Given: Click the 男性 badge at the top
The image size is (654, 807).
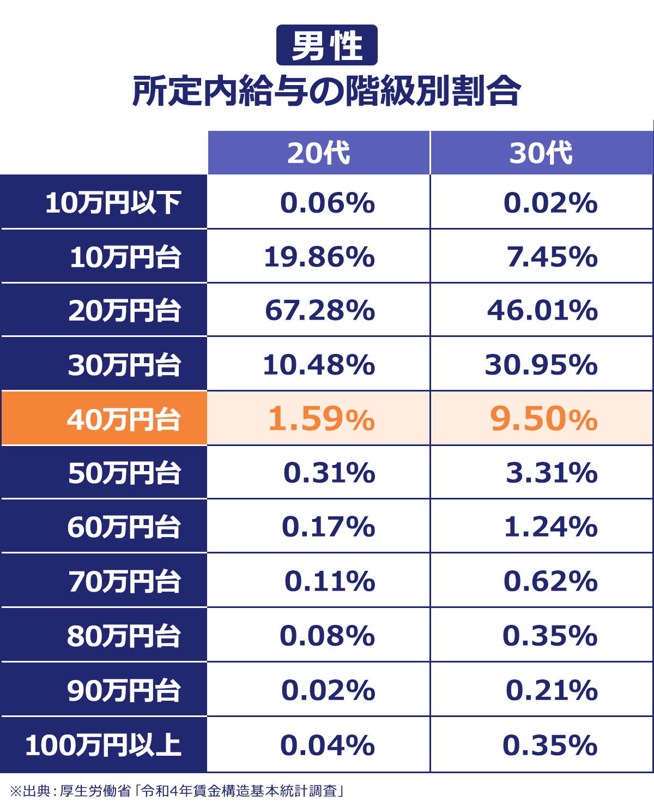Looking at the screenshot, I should point(326,45).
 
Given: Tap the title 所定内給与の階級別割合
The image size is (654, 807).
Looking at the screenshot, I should point(326,91).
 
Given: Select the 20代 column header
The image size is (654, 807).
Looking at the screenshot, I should point(319,153).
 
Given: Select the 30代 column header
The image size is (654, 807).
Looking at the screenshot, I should point(541,153).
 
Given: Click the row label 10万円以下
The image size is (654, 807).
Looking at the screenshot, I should point(113,202).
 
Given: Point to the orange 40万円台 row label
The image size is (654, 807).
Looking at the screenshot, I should point(124,419).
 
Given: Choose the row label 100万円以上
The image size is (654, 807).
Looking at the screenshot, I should point(104,745).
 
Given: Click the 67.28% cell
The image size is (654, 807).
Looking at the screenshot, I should point(320,310).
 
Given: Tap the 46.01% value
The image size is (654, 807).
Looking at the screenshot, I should point(542,310).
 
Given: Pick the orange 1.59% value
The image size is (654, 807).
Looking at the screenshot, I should point(321,419).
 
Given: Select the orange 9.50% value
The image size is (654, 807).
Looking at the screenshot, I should point(543,419).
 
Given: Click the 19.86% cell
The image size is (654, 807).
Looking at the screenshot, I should point(319,256).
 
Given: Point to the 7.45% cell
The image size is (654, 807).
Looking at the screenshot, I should point(552,256).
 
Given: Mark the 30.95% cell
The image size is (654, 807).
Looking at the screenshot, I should point(541,364).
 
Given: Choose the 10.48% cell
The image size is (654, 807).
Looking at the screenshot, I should point(319,364).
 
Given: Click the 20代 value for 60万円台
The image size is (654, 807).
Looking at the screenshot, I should point(328,527).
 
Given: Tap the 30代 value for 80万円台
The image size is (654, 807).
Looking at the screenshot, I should point(550,636).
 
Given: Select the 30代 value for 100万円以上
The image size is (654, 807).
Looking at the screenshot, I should point(550,745).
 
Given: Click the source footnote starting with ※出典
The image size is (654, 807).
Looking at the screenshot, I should point(177,791).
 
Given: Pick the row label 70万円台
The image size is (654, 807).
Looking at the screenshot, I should point(124,581).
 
